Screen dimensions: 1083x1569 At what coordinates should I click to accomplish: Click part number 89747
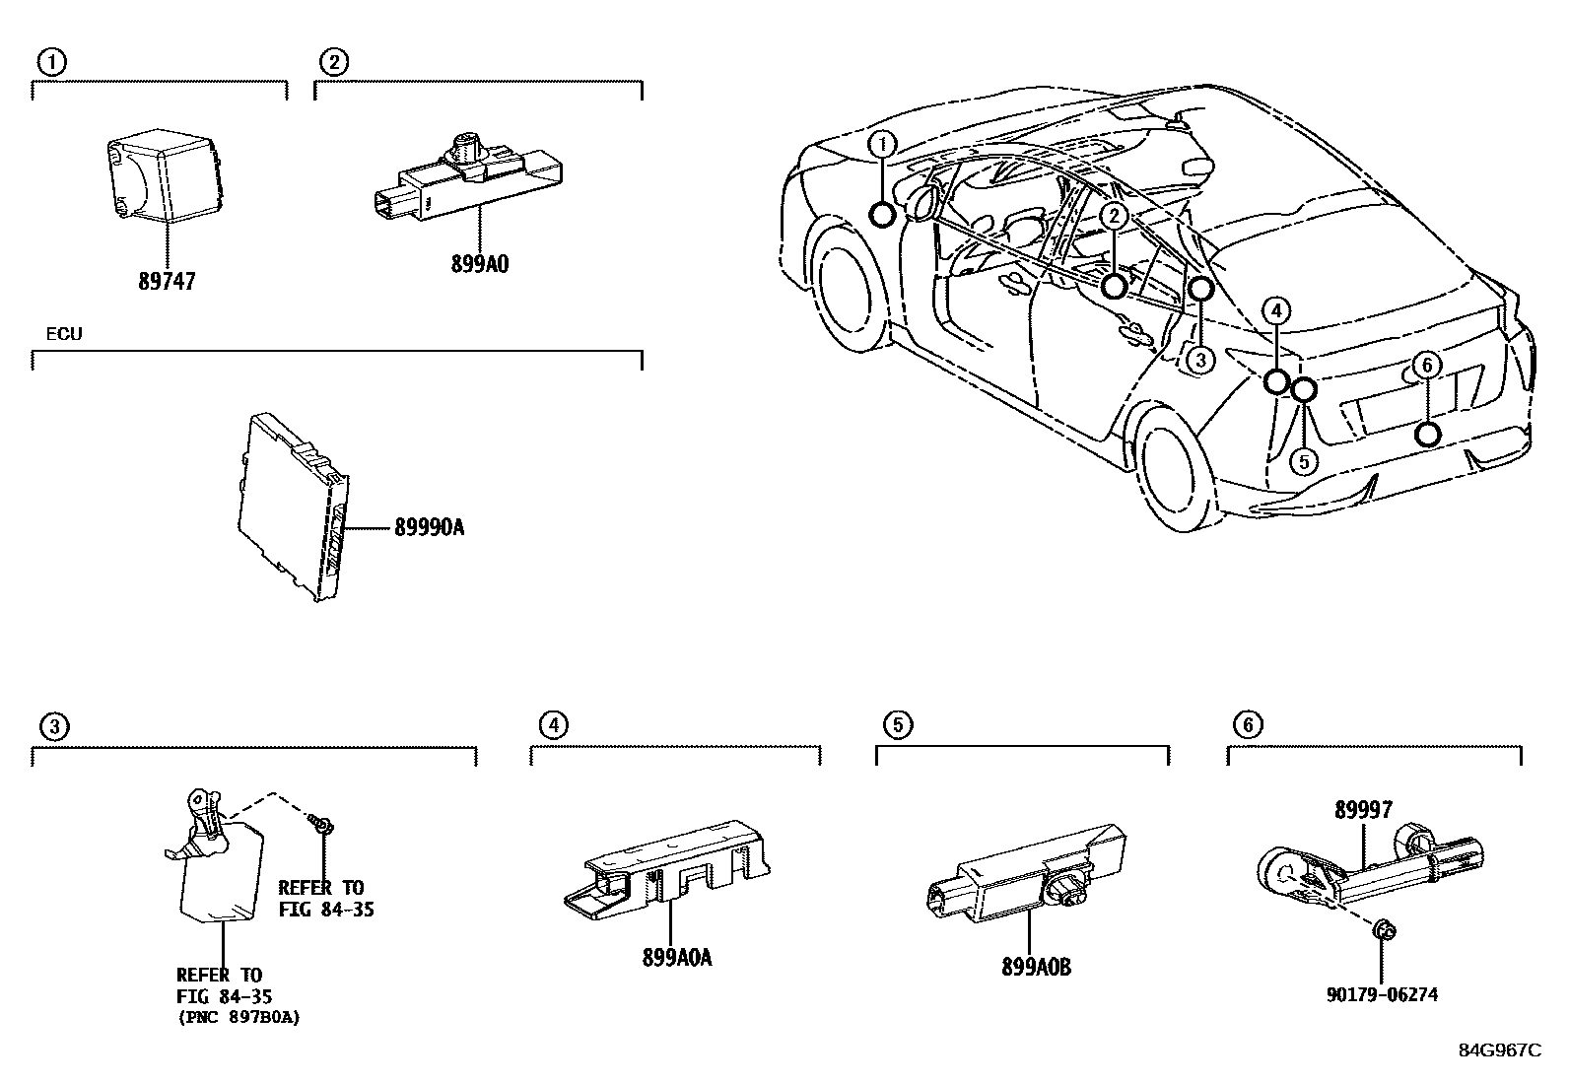coord(167,282)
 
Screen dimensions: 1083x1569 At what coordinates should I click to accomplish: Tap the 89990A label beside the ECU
coord(429,528)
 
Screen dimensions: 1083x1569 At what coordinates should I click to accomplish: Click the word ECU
coord(64,334)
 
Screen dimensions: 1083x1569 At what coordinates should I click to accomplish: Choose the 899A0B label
coord(1035,968)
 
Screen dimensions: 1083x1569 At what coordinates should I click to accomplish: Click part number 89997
coord(1363,810)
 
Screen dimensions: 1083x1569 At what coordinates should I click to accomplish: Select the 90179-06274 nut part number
coord(1381,994)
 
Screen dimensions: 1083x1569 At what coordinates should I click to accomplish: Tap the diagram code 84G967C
coord(1499,1049)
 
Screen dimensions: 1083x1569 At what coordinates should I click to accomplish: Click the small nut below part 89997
coord(1385,929)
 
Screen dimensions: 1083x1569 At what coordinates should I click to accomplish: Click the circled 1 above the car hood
coord(882,146)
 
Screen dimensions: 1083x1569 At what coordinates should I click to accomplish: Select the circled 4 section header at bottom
coord(554,726)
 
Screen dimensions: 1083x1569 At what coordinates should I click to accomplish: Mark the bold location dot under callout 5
coord(1303,390)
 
